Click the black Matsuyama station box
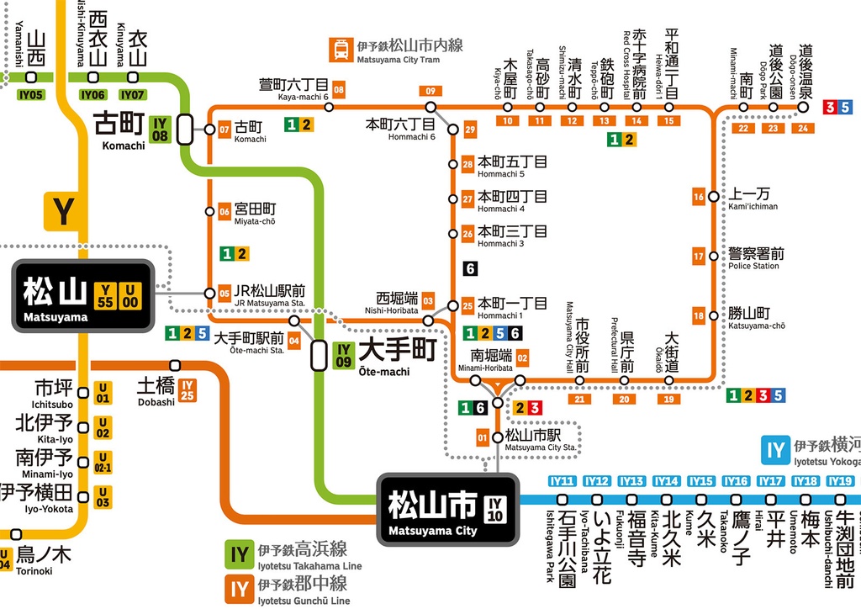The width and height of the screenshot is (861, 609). pyautogui.click(x=82, y=295)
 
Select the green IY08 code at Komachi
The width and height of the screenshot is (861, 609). pyautogui.click(x=160, y=130)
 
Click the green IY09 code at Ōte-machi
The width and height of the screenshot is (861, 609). pyautogui.click(x=343, y=355)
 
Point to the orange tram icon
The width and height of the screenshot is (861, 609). pyautogui.click(x=341, y=48)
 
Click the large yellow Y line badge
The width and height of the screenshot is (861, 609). pyautogui.click(x=63, y=211)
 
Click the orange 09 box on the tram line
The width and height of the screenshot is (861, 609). pyautogui.click(x=430, y=91)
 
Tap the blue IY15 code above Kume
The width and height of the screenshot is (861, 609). pyautogui.click(x=700, y=481)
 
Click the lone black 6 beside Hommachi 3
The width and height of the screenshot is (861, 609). pyautogui.click(x=470, y=269)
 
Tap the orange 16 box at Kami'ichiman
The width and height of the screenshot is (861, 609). pyautogui.click(x=698, y=197)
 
